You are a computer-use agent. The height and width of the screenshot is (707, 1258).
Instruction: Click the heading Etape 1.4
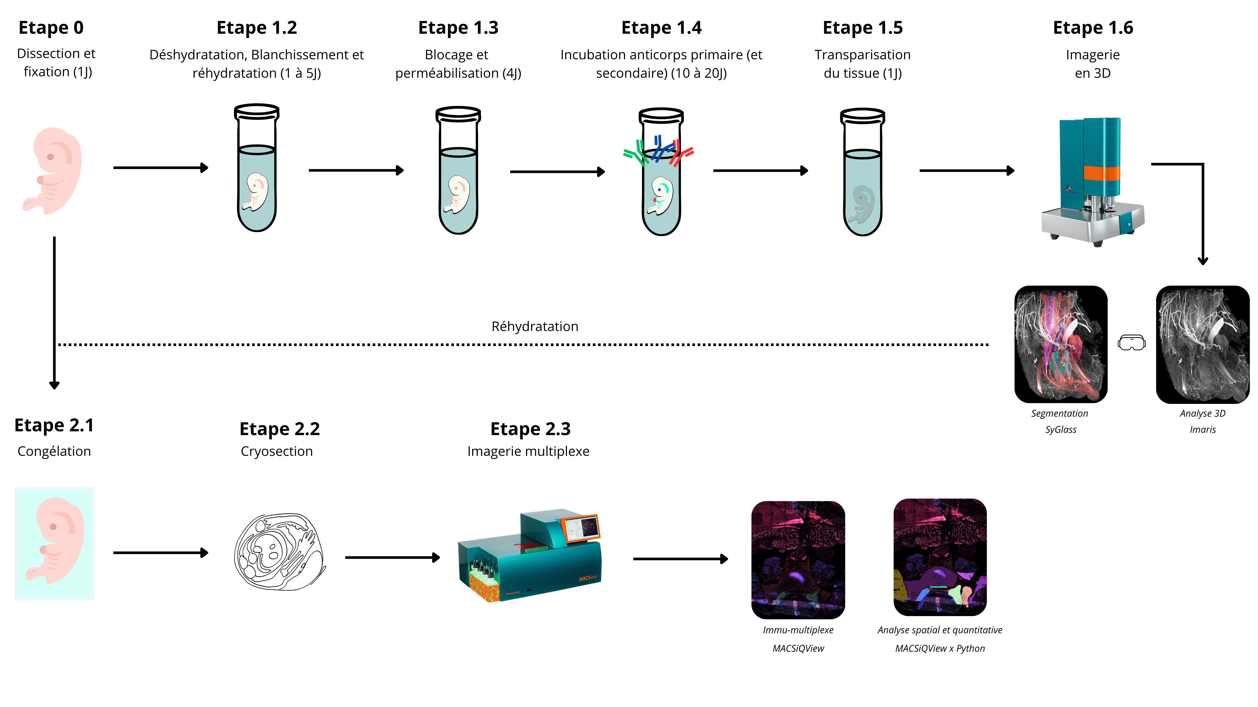pyautogui.click(x=661, y=28)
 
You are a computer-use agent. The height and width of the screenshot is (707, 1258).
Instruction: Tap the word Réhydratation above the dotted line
pyautogui.click(x=535, y=326)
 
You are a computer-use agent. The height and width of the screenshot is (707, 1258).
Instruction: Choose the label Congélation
pyautogui.click(x=54, y=451)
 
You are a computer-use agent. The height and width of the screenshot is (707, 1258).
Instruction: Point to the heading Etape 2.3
pyautogui.click(x=530, y=429)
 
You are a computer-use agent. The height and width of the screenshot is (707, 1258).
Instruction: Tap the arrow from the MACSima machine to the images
pyautogui.click(x=681, y=559)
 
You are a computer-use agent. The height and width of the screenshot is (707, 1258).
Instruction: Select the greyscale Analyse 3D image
pyautogui.click(x=1202, y=344)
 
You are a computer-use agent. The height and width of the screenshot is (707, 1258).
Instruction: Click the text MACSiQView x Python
pyautogui.click(x=940, y=648)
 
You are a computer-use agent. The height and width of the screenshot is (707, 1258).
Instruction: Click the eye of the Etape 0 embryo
pyautogui.click(x=50, y=157)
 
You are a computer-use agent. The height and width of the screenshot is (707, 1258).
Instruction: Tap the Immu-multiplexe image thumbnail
pyautogui.click(x=798, y=560)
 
